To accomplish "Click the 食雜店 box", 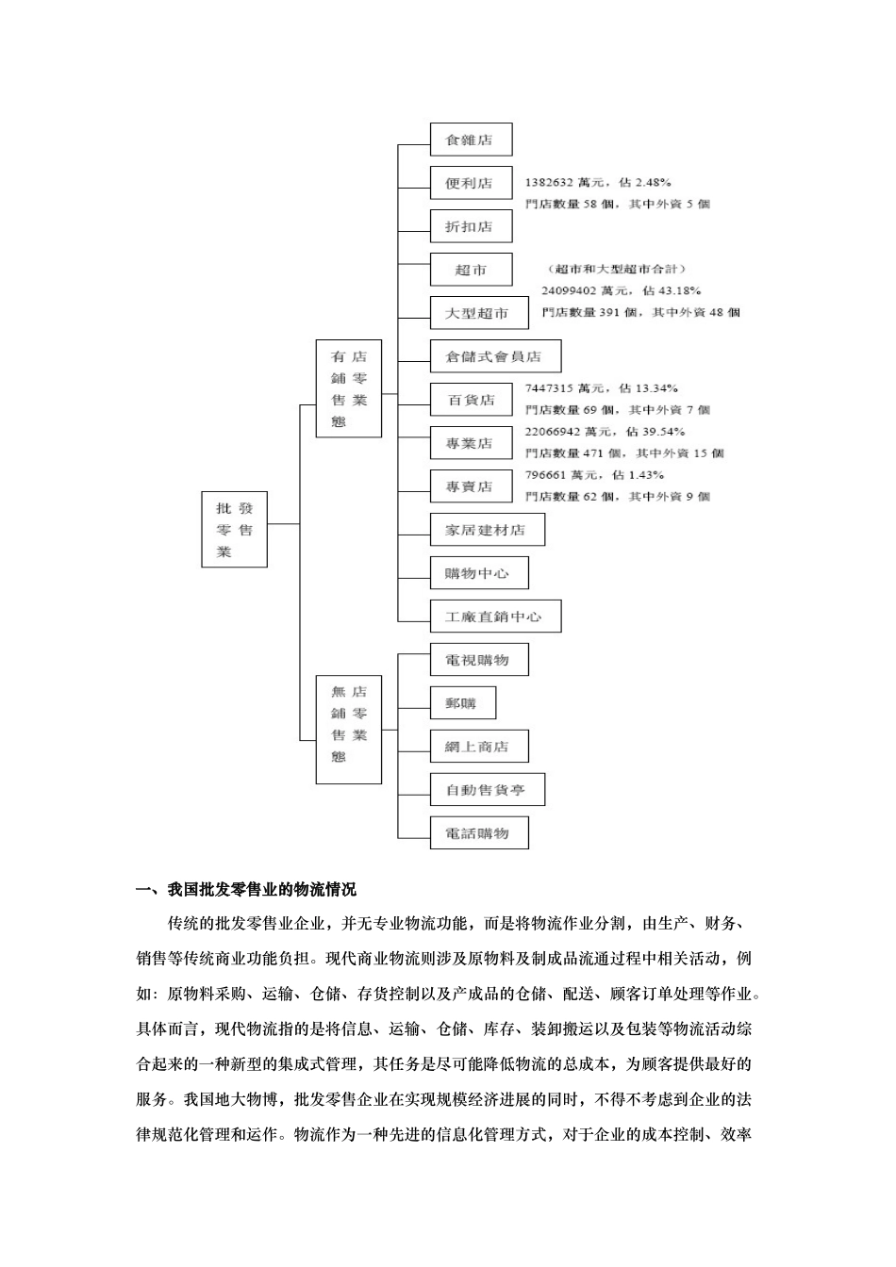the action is pos(471,140).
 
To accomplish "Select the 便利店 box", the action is pos(471,183).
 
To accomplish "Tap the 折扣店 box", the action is pos(471,226).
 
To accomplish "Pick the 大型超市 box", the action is pos(478,313).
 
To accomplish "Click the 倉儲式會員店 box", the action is pos(495,356).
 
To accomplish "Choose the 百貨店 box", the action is pos(471,400).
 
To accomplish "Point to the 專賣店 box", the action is pos(471,486).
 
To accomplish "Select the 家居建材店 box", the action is pos(487,530).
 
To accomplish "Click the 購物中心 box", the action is pos(478,573).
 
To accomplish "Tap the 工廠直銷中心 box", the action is pos(495,617).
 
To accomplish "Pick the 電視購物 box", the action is pos(478,660).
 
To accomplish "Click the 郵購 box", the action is pos(462,703).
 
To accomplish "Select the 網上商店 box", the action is pos(478,747).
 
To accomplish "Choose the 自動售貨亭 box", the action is pos(487,790).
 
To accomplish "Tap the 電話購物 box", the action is pos(478,833).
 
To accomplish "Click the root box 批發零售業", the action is pos(234,529).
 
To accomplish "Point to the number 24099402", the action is pos(569,291).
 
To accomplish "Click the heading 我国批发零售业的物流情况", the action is pos(262,889).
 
